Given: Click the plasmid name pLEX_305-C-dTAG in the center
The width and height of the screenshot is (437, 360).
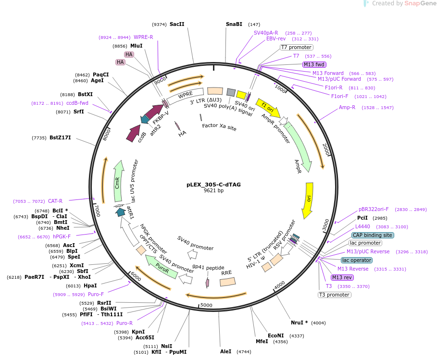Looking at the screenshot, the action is tap(213, 185).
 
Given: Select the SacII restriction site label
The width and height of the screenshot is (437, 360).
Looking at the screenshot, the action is tap(177, 24).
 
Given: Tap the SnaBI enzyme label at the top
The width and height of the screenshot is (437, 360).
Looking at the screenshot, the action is tap(234, 24).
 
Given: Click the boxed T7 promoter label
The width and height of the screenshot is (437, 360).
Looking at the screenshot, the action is tap(296, 48).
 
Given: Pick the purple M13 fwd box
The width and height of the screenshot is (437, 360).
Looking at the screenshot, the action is tap(314, 64).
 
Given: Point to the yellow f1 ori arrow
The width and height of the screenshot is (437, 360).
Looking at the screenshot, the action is tap(268, 108).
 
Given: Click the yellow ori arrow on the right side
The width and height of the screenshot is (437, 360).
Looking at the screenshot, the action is tap(308, 200).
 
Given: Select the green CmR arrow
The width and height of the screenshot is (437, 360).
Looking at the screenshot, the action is tap(118, 181).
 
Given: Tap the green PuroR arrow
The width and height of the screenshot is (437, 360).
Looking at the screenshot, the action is tap(162, 267).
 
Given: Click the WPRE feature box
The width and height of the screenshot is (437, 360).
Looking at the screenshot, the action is tap(185, 96).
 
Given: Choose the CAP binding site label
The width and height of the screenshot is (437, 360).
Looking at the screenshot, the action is tap(373, 235).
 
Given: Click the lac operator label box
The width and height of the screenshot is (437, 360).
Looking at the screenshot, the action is tap(357, 260).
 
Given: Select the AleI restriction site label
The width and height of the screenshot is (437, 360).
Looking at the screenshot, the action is tap(225, 352).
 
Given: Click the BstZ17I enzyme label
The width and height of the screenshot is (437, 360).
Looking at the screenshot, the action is tap(60, 137).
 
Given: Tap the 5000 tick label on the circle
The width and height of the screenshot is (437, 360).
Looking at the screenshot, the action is tap(206, 305).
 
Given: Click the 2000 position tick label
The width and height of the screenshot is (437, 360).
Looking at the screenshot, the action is tap(326, 149).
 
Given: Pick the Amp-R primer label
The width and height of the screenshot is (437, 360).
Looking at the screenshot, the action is tap(347, 107).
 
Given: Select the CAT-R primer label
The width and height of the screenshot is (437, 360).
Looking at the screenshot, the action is tap(55, 201).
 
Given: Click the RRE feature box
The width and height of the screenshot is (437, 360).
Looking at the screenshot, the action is tap(228, 282).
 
